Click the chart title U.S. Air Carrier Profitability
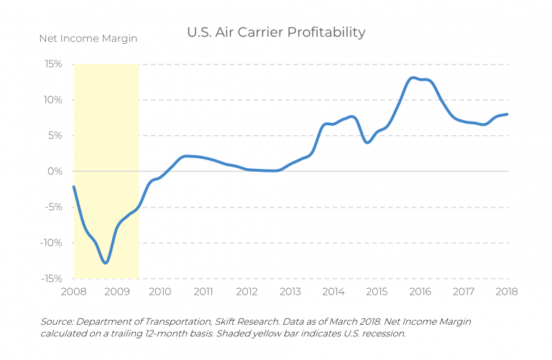[x=276, y=32]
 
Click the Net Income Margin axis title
[x=88, y=37]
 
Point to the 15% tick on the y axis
[x=52, y=64]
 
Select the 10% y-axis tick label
[x=52, y=100]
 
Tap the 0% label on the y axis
[x=55, y=171]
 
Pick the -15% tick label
[x=50, y=278]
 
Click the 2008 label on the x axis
[x=74, y=292]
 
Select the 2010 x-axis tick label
[x=160, y=292]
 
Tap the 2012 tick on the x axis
[x=247, y=292]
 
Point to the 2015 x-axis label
[x=377, y=292]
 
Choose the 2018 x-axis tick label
[x=507, y=292]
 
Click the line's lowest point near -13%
[x=106, y=263]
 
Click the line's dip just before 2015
[x=367, y=142]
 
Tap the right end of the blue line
[x=507, y=114]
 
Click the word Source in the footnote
[x=57, y=321]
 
